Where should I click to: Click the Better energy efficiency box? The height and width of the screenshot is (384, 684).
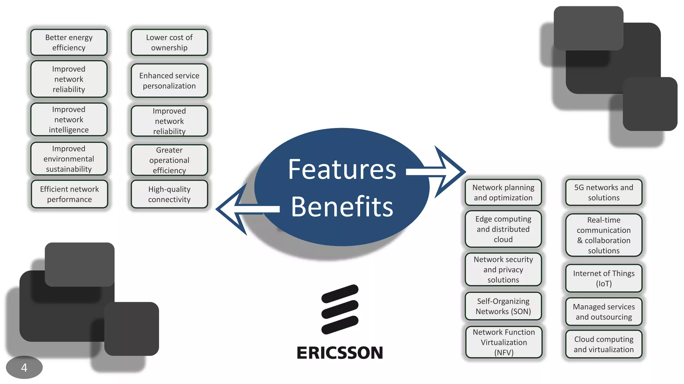(x=69, y=42)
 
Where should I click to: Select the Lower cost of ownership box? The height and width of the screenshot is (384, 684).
(x=169, y=42)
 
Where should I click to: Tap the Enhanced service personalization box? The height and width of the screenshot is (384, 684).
(x=169, y=81)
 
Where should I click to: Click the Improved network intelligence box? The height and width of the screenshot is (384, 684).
(x=69, y=119)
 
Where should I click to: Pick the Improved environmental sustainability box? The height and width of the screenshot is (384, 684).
(x=69, y=159)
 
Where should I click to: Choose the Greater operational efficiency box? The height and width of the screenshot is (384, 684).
(x=169, y=160)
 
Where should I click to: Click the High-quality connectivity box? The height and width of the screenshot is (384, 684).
(x=169, y=194)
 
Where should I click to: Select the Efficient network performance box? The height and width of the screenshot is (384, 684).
(x=69, y=194)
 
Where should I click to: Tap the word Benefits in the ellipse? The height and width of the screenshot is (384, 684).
(x=342, y=207)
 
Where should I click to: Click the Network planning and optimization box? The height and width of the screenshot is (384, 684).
(x=503, y=192)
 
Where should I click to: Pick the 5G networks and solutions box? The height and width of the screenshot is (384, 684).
(x=604, y=192)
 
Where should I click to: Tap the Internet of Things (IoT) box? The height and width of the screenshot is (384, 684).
(x=604, y=278)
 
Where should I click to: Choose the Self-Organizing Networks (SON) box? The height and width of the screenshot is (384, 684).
(x=503, y=306)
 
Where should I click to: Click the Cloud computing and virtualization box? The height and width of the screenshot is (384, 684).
(x=604, y=344)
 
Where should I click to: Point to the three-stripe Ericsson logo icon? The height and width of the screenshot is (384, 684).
(x=340, y=309)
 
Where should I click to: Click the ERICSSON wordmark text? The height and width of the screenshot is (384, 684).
(x=340, y=353)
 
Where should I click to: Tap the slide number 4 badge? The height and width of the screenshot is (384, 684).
(x=24, y=367)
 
